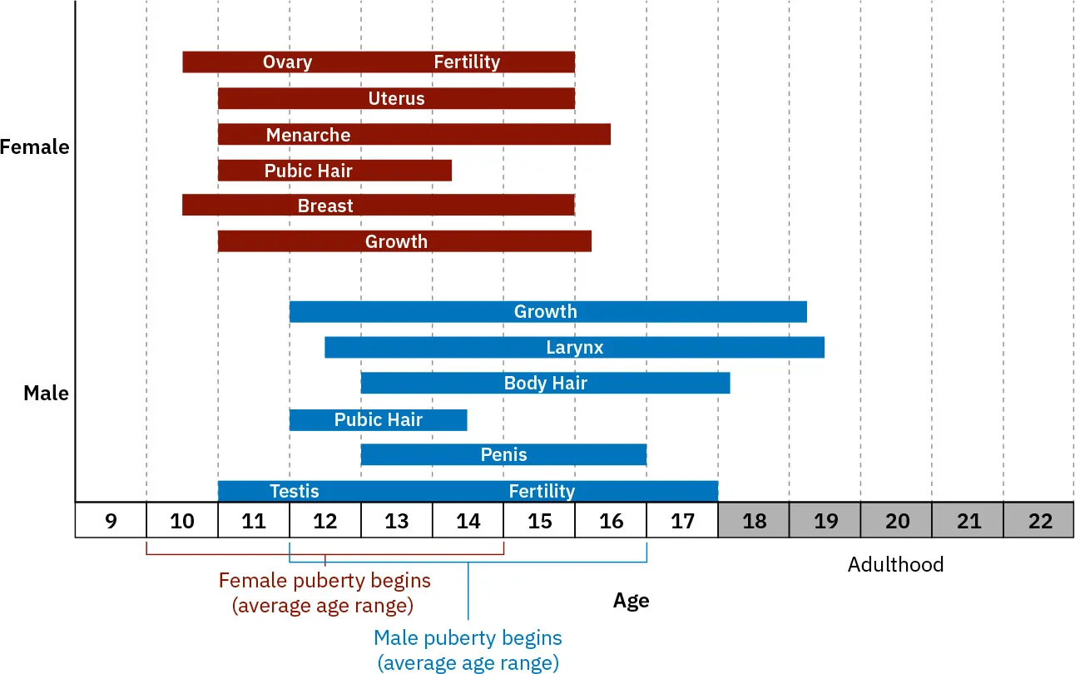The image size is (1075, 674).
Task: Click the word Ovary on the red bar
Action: pos(287,62)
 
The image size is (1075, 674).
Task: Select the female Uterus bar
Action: pos(396,98)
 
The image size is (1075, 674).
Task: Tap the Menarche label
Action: pos(308,135)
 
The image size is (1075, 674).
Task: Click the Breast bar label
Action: pos(325,206)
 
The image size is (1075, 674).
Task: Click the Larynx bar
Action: pos(574,348)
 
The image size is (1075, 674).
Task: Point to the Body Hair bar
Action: pos(545,384)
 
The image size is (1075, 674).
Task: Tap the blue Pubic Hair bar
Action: pos(378,420)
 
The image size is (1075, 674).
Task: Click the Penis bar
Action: pos(503,455)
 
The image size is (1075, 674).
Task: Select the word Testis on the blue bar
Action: pos(294,491)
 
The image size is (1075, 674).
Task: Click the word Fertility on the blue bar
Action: pos(542,491)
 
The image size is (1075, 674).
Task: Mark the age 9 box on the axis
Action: pos(111,522)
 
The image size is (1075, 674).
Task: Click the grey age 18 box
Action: pos(754,522)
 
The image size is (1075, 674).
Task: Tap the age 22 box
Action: pos(1040,522)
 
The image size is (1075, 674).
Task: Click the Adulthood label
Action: pos(895,565)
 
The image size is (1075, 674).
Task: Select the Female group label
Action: pos(35,147)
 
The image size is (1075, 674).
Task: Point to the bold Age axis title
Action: pos(631,601)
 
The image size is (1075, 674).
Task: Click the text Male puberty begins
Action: pos(468,638)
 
